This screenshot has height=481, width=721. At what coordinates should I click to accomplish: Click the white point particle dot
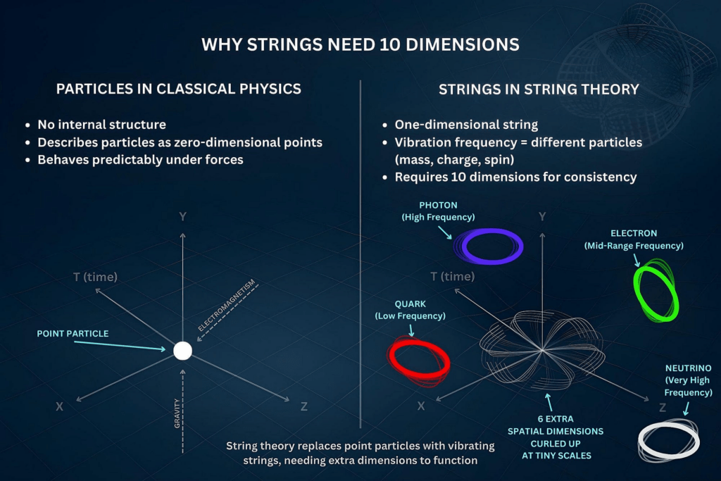[182, 350]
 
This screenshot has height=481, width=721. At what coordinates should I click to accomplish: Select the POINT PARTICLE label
[73, 333]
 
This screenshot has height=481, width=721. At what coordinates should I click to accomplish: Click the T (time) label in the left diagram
[95, 277]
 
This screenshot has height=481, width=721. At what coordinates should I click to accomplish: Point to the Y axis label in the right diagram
[541, 216]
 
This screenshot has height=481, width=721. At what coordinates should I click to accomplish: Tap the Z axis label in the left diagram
[303, 406]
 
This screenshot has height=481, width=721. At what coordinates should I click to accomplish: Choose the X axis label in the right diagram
[420, 406]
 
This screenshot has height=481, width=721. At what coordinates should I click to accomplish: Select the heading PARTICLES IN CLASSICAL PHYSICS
[179, 89]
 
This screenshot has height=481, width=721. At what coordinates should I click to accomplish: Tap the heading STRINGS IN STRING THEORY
[539, 89]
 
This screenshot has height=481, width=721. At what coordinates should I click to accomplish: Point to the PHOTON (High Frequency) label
[438, 211]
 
